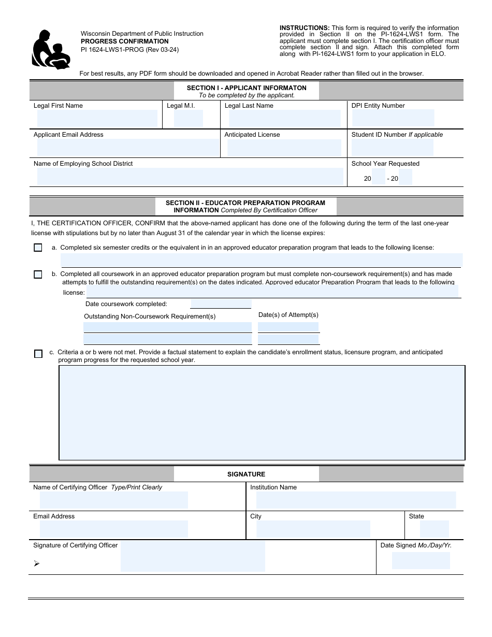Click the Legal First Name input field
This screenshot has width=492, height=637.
pyautogui.click(x=97, y=119)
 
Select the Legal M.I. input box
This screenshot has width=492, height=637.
pyautogui.click(x=188, y=119)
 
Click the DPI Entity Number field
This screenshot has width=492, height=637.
pyautogui.click(x=393, y=118)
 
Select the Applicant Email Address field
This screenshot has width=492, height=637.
pyautogui.click(x=128, y=148)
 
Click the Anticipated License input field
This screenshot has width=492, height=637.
pyautogui.click(x=284, y=148)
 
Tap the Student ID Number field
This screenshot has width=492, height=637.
pyautogui.click(x=392, y=148)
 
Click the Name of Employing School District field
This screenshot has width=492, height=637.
pyautogui.click(x=190, y=177)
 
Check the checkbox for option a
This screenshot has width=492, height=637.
pyautogui.click(x=38, y=248)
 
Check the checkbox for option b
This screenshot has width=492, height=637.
pyautogui.click(x=38, y=274)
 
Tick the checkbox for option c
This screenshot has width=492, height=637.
pyautogui.click(x=38, y=354)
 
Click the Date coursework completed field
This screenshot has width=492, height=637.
pyautogui.click(x=221, y=304)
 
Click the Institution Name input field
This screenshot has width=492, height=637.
pyautogui.click(x=356, y=500)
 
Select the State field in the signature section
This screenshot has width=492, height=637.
pyautogui.click(x=434, y=529)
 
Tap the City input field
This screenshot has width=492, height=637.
pyautogui.click(x=313, y=529)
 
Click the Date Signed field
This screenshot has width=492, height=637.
pyautogui.click(x=421, y=561)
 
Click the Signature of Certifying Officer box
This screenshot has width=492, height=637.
pyautogui.click(x=193, y=556)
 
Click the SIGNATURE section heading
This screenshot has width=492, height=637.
pyautogui.click(x=246, y=474)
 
